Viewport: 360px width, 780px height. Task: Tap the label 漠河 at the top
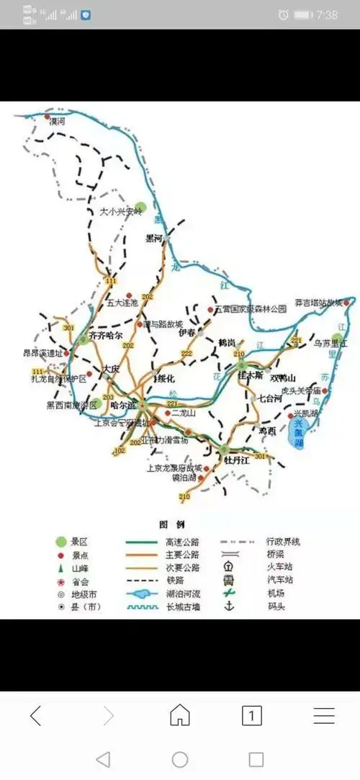(x=57, y=122)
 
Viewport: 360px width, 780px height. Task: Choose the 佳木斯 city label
(x=250, y=376)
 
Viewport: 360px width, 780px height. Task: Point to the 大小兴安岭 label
(x=121, y=212)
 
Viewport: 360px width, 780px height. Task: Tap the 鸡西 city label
(x=268, y=430)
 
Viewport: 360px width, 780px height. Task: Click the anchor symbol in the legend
(x=229, y=606)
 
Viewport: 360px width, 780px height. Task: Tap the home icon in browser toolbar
(x=179, y=715)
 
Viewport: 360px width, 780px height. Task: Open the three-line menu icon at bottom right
(x=324, y=715)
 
